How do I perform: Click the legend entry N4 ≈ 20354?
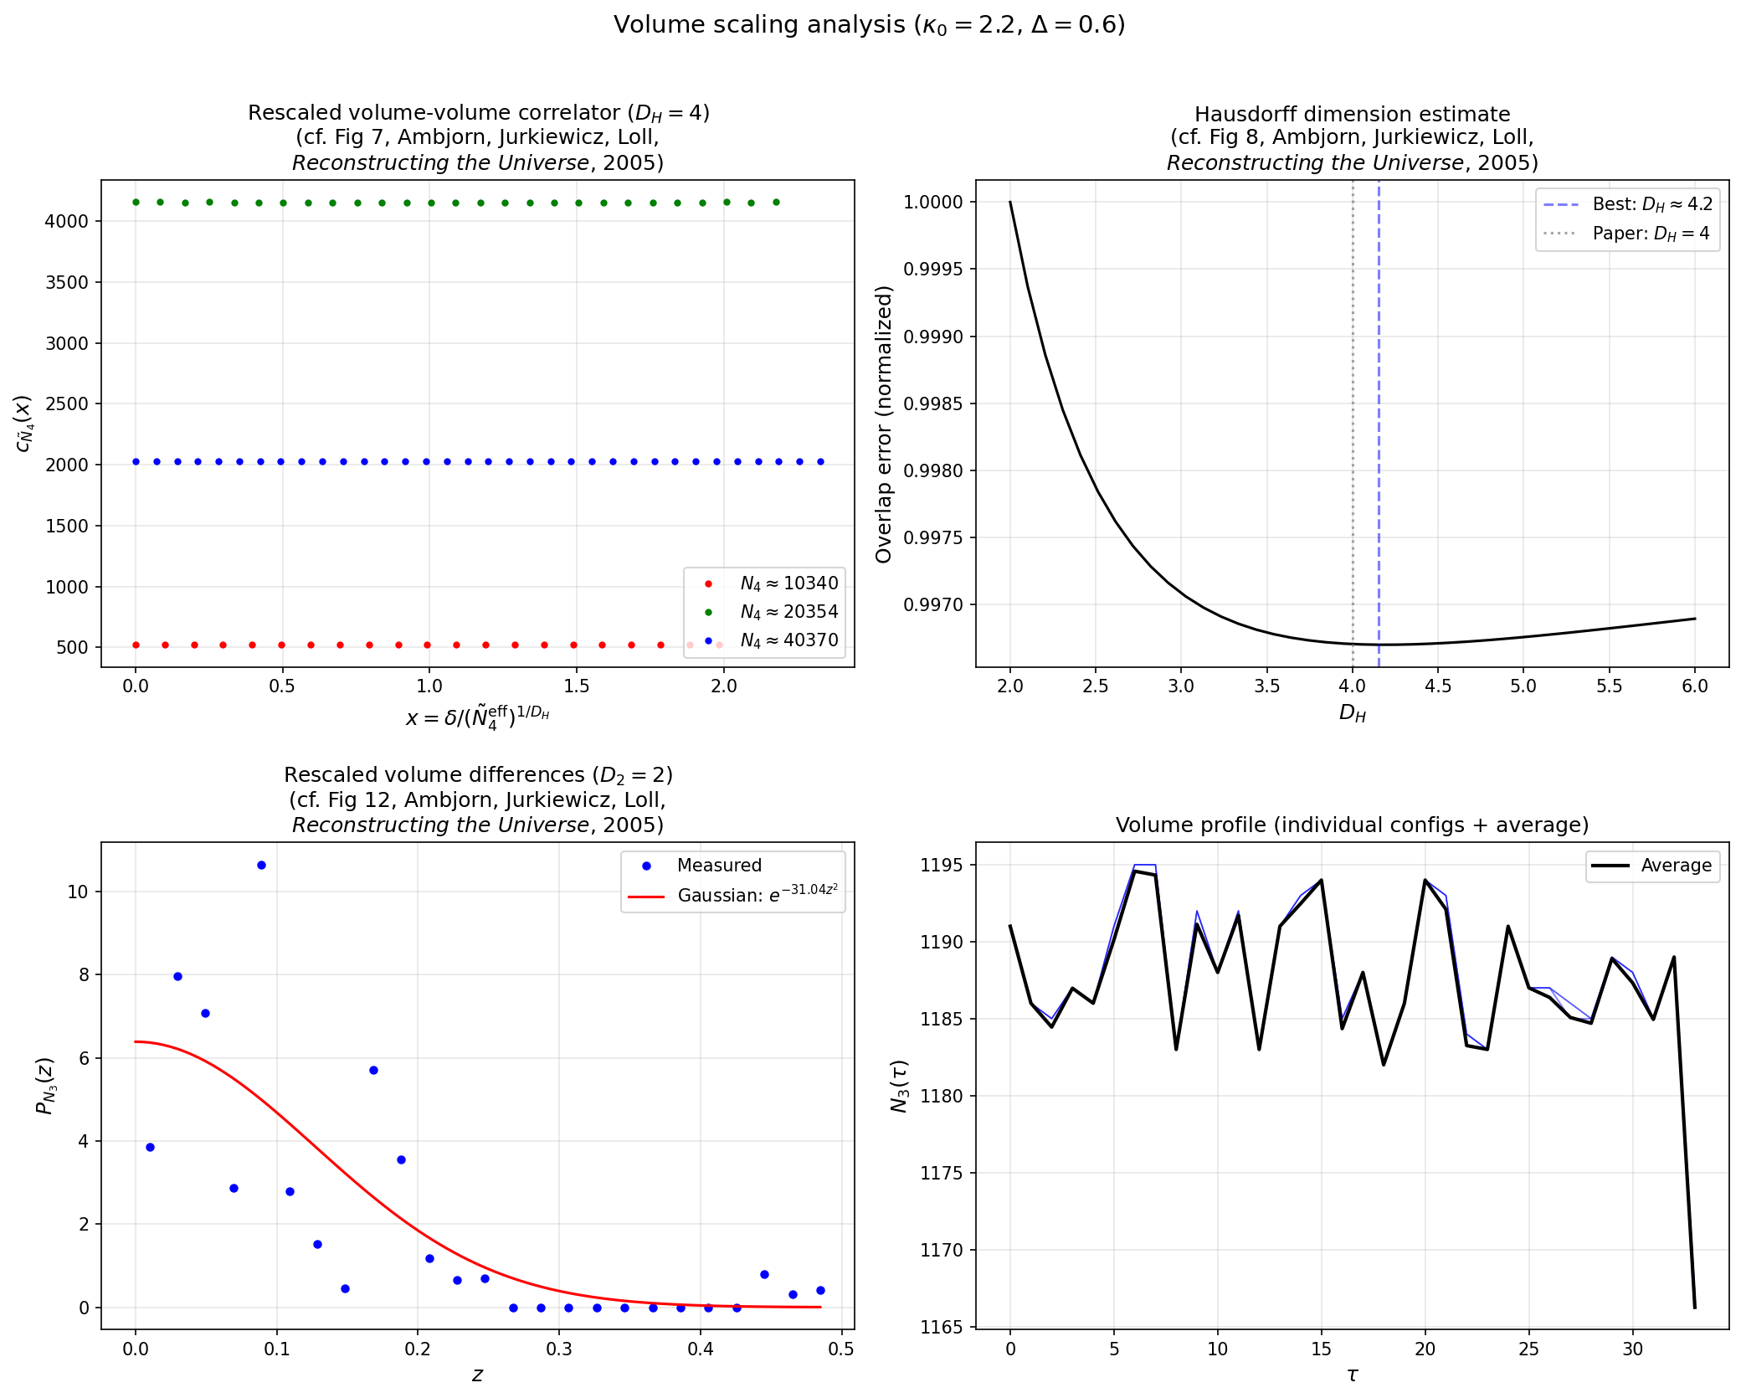click(788, 612)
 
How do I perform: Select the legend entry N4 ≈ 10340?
click(788, 583)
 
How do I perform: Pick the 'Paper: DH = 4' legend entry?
click(1650, 234)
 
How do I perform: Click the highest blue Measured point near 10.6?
click(261, 865)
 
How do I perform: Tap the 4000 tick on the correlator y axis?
click(66, 221)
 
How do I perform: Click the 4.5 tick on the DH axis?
click(1438, 686)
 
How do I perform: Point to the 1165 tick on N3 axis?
click(942, 1327)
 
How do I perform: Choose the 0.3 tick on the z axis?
click(559, 1349)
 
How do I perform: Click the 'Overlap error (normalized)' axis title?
click(884, 424)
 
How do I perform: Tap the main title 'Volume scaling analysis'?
click(869, 24)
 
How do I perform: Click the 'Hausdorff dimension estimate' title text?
click(1352, 114)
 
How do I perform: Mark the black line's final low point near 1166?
click(1694, 1307)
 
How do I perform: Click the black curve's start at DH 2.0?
click(1010, 202)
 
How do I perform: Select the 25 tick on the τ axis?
click(1528, 1349)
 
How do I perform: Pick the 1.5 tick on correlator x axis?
click(576, 686)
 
